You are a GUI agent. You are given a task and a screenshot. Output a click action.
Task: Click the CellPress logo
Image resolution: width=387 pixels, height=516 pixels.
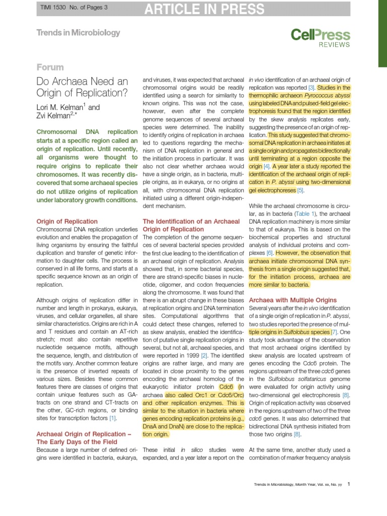(x=320, y=35)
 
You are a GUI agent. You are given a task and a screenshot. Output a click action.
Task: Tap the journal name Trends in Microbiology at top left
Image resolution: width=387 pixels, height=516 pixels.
(x=78, y=33)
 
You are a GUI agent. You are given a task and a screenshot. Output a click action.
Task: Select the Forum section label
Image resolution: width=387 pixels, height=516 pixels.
(x=50, y=67)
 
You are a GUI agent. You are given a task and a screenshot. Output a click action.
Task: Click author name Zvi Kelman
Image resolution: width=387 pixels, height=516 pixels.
(x=58, y=116)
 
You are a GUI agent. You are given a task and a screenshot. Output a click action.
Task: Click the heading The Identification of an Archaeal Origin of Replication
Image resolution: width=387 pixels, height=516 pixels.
(x=191, y=225)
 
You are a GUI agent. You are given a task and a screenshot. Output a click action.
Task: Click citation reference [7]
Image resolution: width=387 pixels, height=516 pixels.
(x=334, y=333)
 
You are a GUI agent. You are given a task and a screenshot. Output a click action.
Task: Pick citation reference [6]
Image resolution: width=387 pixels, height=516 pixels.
(x=270, y=252)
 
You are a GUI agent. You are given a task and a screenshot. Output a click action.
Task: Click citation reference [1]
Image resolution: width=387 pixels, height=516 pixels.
(x=113, y=418)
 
